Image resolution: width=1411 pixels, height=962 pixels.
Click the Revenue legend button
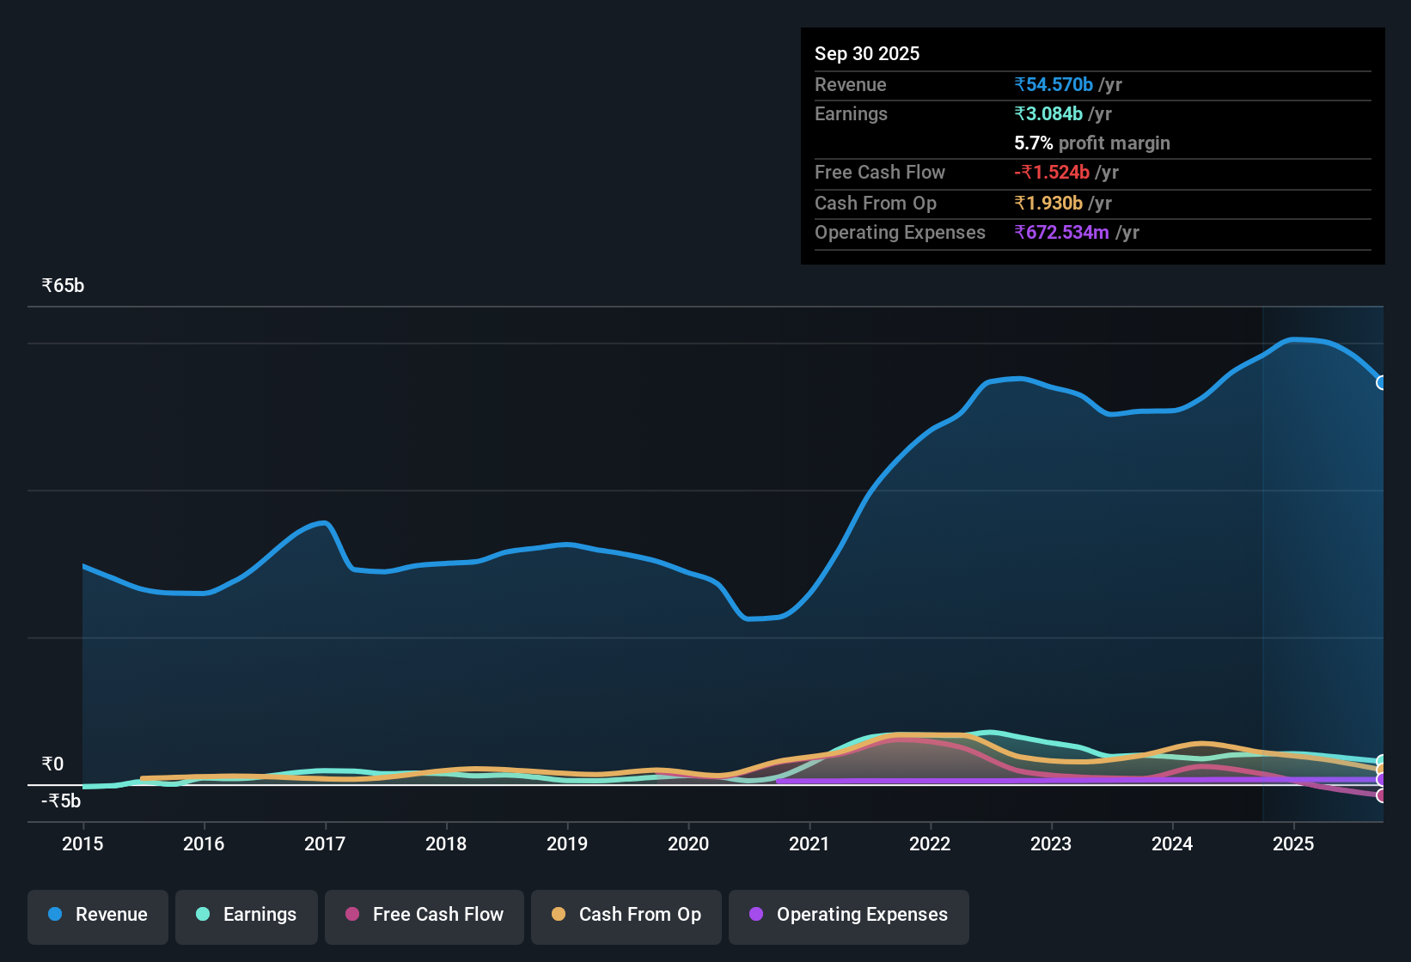click(98, 915)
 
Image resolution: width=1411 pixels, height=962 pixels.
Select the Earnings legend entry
click(247, 915)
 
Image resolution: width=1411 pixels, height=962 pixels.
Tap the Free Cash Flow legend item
click(425, 915)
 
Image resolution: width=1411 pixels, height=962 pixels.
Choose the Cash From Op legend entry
click(626, 915)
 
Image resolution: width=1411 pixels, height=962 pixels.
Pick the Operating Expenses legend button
click(849, 915)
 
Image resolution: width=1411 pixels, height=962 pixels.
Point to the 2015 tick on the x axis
click(82, 843)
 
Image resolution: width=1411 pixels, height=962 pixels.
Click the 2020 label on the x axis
click(688, 843)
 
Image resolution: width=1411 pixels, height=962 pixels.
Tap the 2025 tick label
click(1293, 843)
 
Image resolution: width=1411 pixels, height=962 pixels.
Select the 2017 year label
click(325, 843)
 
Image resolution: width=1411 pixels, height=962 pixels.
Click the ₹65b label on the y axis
click(64, 286)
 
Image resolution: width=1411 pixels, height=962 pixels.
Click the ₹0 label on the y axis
click(53, 764)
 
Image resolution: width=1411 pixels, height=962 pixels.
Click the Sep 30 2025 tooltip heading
click(867, 53)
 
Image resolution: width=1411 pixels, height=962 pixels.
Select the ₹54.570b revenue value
click(1054, 84)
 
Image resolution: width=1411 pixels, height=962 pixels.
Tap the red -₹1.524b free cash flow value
click(1052, 172)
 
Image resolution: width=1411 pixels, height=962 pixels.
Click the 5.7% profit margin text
click(1092, 143)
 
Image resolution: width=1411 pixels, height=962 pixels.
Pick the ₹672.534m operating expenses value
click(1062, 232)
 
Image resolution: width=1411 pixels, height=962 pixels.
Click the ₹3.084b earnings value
click(1048, 113)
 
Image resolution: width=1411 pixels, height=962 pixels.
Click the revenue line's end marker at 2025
click(1381, 382)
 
